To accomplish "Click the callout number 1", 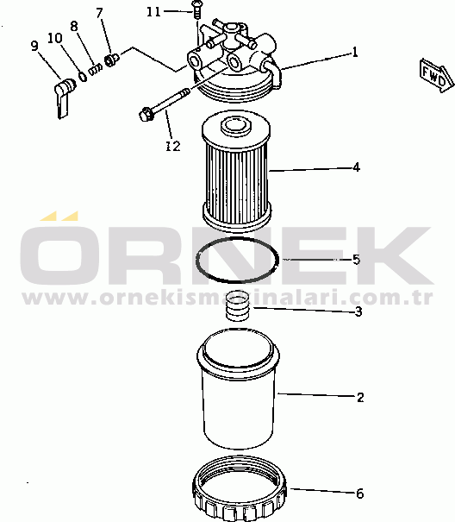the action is pos(355,53).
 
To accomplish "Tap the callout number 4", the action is pos(356,167).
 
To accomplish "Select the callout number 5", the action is pos(356,260).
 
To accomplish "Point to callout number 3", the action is pos(358,311).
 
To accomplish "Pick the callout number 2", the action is pos(360,397).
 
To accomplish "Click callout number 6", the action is pos(360,494).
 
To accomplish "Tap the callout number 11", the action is pos(153,12).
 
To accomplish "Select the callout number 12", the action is pos(173,146).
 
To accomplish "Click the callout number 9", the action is pos(34,46).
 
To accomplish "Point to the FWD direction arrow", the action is pos(437,76).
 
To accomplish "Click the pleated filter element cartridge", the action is pos(237,172).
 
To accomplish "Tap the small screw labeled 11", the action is pos(196,9).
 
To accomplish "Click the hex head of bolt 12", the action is pos(146,114).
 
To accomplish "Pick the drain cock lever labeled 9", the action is pos(64,97).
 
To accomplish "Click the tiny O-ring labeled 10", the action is pos(83,76).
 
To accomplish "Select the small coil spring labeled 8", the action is pos(95,70).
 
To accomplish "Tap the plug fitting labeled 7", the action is pos(112,60).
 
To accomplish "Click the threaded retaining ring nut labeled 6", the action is pos(240,489).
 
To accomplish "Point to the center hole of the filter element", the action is pos(236,125).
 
